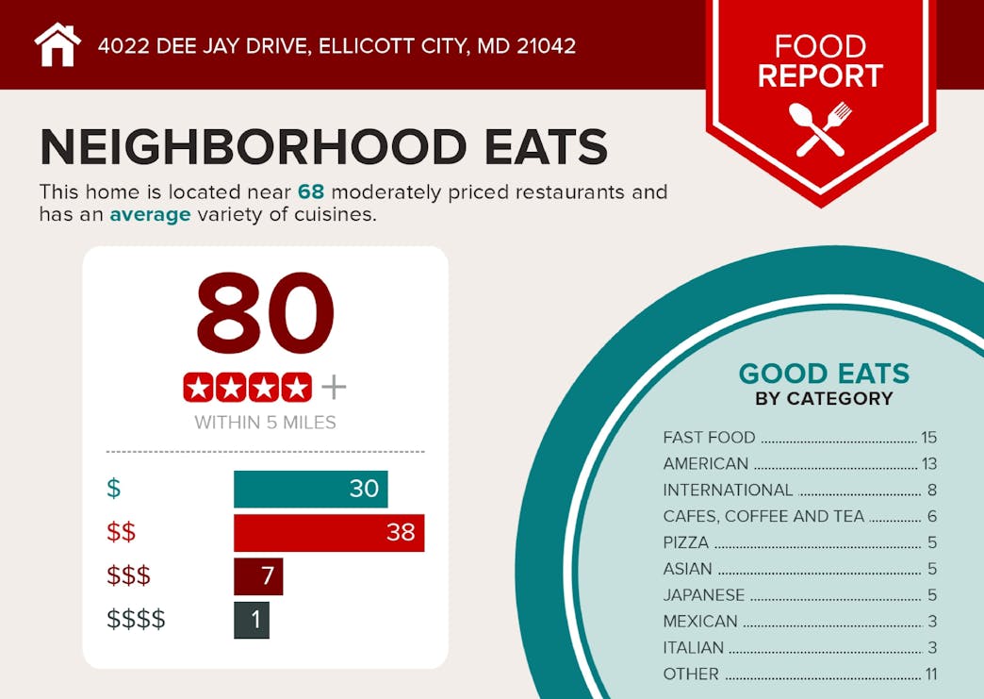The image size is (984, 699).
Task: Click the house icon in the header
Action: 57,44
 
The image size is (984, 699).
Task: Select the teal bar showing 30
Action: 310,488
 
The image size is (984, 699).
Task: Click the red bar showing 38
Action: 329,532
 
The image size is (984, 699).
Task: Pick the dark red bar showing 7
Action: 257,575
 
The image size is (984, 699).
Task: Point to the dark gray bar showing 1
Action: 251,620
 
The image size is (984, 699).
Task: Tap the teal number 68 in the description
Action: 311,192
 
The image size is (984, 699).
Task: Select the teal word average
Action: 150,215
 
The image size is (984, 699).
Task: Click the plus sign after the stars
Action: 334,387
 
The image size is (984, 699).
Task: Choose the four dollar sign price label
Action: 136,620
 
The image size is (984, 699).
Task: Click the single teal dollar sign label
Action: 114,489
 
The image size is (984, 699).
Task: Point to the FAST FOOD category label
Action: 709,437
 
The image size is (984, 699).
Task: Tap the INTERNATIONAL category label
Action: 728,490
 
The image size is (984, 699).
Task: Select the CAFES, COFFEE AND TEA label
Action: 763,516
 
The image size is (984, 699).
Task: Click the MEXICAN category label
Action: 700,622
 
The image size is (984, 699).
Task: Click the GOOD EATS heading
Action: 824,374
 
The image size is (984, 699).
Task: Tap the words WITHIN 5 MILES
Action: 265,423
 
